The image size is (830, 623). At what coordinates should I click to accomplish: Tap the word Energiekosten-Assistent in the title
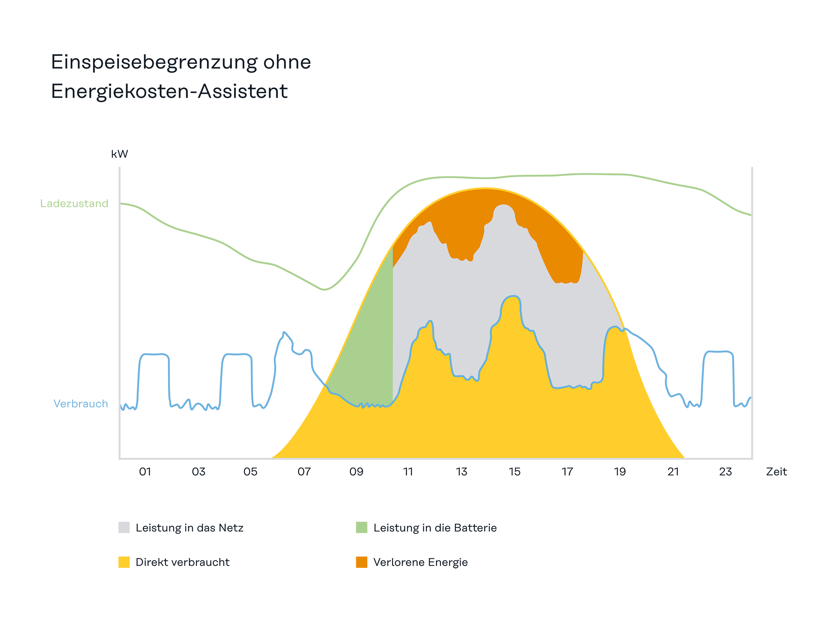169,91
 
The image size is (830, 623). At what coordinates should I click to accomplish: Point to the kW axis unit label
119,154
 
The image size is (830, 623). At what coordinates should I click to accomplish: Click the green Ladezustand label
74,204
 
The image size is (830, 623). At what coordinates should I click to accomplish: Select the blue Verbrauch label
81,404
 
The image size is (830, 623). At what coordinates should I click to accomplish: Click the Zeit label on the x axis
776,472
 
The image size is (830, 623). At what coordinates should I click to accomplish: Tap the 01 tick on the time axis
145,472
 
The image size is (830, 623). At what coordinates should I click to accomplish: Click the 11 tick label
408,472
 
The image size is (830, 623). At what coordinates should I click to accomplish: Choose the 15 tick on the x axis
515,472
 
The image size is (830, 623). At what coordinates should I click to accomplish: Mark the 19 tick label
620,472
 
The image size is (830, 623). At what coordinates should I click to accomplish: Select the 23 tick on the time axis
726,472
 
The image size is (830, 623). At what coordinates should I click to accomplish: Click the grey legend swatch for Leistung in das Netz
124,527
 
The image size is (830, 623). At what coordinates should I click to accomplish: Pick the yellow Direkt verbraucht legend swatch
124,562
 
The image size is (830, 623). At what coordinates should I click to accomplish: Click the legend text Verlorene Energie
421,562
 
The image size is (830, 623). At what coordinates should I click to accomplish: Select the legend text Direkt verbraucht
183,562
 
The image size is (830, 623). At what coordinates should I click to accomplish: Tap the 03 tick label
199,472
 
